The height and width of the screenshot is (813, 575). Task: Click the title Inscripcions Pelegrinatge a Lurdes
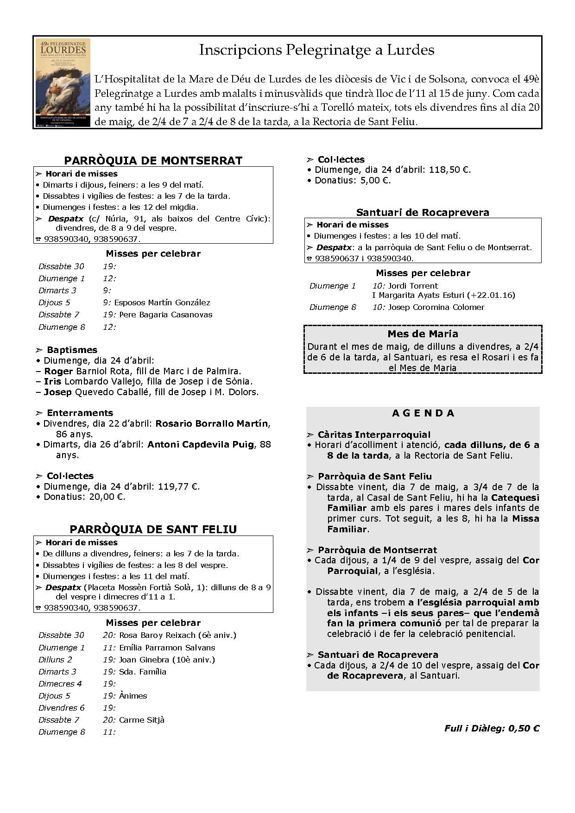pyautogui.click(x=316, y=50)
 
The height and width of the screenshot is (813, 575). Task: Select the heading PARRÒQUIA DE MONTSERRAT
pyautogui.click(x=153, y=161)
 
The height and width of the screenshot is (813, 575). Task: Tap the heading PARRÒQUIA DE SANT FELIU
pyautogui.click(x=153, y=529)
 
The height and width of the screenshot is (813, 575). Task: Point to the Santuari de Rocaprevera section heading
pyautogui.click(x=423, y=212)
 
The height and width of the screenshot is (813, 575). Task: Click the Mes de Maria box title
pyautogui.click(x=423, y=334)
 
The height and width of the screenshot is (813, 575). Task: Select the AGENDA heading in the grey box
pyautogui.click(x=423, y=413)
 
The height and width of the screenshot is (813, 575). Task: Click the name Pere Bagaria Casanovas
pyautogui.click(x=165, y=315)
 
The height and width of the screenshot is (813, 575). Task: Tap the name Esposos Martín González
pyautogui.click(x=162, y=303)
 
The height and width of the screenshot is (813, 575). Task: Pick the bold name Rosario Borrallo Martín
pyautogui.click(x=212, y=423)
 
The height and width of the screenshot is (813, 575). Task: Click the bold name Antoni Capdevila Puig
pyautogui.click(x=201, y=444)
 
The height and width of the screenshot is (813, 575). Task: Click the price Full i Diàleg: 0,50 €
pyautogui.click(x=492, y=728)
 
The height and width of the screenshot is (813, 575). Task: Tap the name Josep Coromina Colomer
pyautogui.click(x=436, y=307)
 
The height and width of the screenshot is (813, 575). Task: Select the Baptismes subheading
pyautogui.click(x=72, y=350)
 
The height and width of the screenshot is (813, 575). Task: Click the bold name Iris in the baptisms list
pyautogui.click(x=53, y=381)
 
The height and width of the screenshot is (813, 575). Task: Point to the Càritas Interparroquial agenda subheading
pyautogui.click(x=374, y=435)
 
